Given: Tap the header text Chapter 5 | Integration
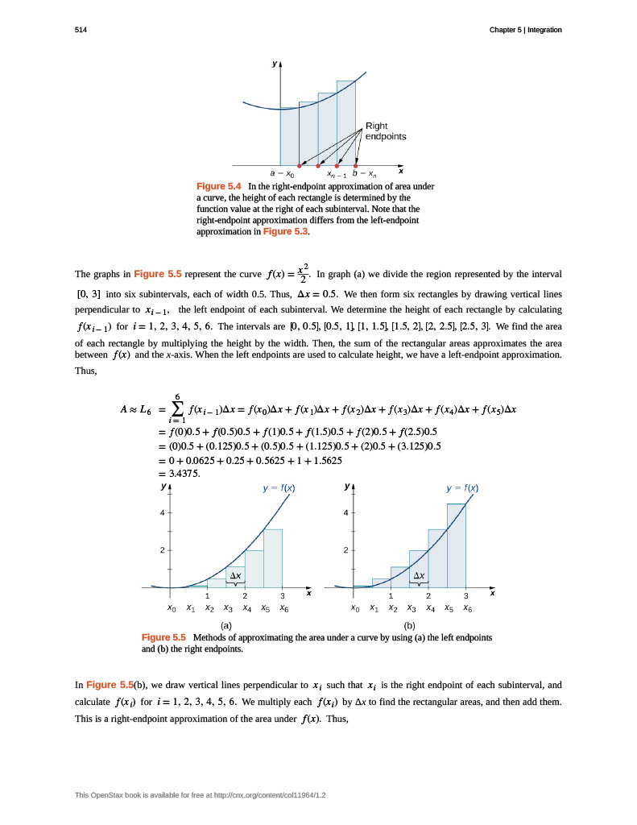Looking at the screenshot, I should pos(525,30).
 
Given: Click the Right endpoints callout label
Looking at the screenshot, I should pos(386,131).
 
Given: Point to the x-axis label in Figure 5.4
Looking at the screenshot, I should pos(400,171).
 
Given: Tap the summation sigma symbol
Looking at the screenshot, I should pos(176,409).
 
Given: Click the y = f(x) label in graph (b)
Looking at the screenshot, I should pos(463,488).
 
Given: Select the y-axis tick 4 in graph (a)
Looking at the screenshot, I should pos(162,512).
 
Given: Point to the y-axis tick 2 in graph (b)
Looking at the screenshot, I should pos(345,550).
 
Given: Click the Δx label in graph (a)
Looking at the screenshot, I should pos(235,576).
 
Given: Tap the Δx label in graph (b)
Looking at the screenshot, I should pos(419,576).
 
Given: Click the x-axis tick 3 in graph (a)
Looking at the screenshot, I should pos(283,596).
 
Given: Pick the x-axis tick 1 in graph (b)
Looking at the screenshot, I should pos(391,596).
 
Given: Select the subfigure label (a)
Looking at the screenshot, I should pos(226,624).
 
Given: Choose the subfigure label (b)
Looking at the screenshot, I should pos(409,624).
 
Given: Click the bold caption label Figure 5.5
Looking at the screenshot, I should pos(163,637).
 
